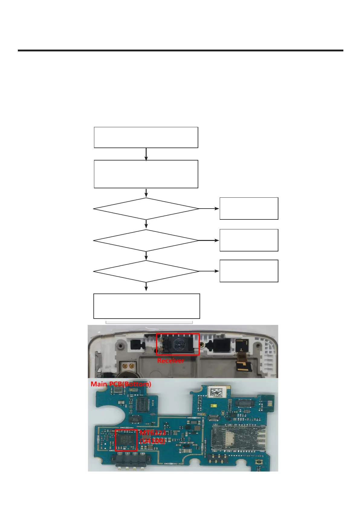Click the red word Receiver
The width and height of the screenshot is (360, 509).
click(x=170, y=360)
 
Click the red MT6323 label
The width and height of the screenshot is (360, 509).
click(x=153, y=433)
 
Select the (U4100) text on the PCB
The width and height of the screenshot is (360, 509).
click(x=152, y=441)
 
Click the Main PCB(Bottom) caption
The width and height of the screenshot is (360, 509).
click(x=121, y=384)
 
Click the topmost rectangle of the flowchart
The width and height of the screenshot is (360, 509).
click(x=146, y=138)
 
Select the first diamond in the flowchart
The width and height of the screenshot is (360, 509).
click(x=146, y=209)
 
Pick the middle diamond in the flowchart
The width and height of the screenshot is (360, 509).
click(x=146, y=241)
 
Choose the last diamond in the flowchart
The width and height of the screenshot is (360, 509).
click(x=146, y=271)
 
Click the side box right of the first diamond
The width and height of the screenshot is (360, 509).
click(x=249, y=209)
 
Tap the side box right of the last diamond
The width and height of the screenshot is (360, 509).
click(x=249, y=271)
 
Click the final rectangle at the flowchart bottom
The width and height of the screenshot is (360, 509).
click(x=147, y=306)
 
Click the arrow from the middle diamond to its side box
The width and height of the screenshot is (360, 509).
click(x=209, y=241)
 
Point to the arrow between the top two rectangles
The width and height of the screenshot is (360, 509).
click(x=146, y=154)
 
